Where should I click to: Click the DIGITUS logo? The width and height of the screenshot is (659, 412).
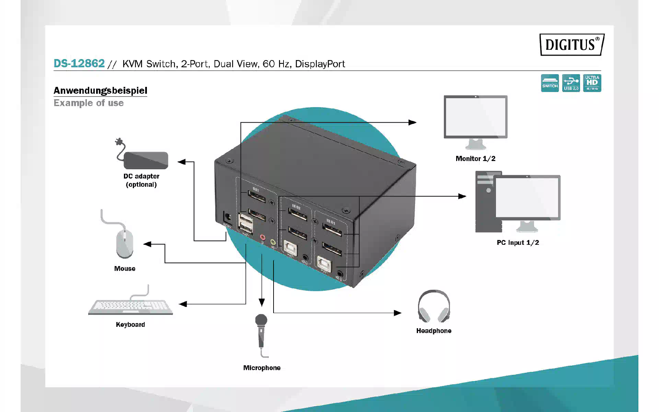tap(571, 45)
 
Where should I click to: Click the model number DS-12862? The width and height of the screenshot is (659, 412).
tap(79, 64)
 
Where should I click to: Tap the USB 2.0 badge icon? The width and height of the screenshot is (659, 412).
tap(571, 83)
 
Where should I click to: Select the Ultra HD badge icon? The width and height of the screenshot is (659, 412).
tap(592, 83)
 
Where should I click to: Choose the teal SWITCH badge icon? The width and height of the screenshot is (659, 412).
tap(550, 83)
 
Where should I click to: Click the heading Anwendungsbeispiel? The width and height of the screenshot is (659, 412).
tap(100, 91)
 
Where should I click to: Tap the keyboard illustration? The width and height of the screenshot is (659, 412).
tap(130, 306)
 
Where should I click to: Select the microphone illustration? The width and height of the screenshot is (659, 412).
tap(261, 331)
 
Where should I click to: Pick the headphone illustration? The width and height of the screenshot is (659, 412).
tap(434, 307)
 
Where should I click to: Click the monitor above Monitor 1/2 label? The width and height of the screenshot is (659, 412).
tap(475, 118)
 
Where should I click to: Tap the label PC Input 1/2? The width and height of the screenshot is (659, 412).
tap(518, 243)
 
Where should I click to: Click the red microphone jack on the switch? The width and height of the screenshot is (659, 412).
tap(263, 237)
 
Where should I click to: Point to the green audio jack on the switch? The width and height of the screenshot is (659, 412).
tap(273, 242)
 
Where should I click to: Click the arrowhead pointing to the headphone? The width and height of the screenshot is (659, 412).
tap(397, 313)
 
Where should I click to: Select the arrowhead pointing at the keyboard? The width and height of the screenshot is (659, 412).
tap(183, 304)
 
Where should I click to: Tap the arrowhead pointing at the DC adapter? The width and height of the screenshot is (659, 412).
tap(182, 162)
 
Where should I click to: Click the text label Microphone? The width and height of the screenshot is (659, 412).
tap(262, 368)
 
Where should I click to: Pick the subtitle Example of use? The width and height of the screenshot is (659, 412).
tap(89, 103)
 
